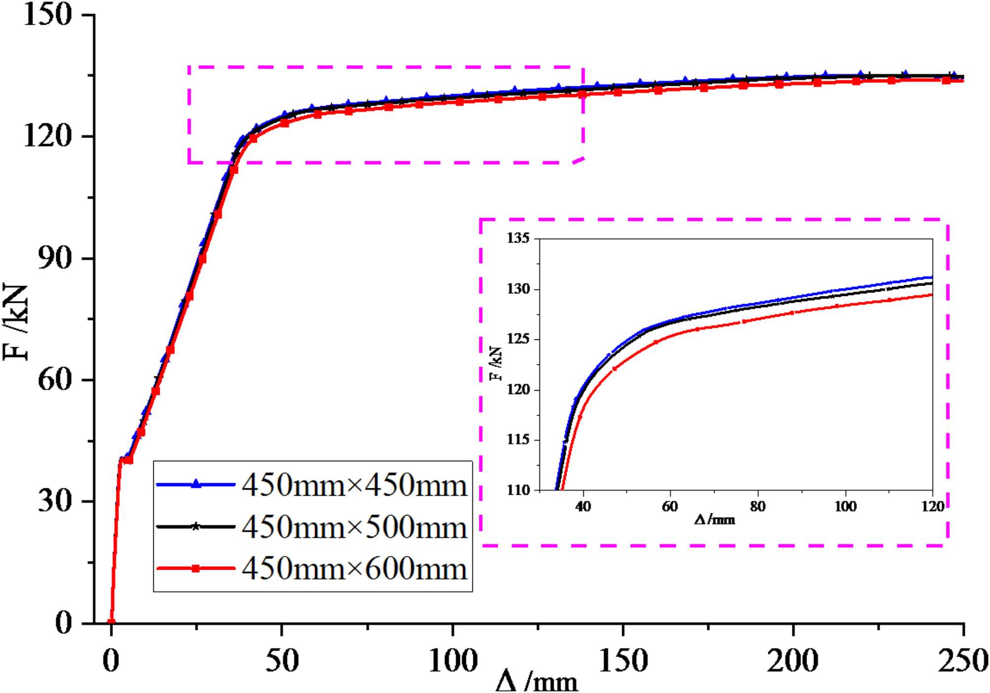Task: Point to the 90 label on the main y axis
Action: pyautogui.click(x=55, y=257)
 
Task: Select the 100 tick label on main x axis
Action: pyautogui.click(x=452, y=661)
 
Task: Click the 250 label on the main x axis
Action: pyautogui.click(x=962, y=661)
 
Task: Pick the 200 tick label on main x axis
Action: pyautogui.click(x=792, y=661)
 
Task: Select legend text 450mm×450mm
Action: pyautogui.click(x=354, y=485)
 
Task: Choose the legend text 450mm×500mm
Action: pyautogui.click(x=354, y=527)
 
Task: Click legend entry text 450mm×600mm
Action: pyautogui.click(x=354, y=569)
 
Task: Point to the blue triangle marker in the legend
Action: pyautogui.click(x=196, y=484)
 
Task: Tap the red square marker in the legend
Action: pyautogui.click(x=196, y=569)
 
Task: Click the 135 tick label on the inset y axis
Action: pyautogui.click(x=518, y=238)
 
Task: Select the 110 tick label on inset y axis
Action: pyautogui.click(x=518, y=490)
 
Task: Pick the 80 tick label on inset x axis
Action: pyautogui.click(x=757, y=507)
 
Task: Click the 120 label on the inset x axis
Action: pyautogui.click(x=932, y=507)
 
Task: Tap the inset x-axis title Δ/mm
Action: pyautogui.click(x=714, y=519)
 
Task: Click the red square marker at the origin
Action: pyautogui.click(x=111, y=622)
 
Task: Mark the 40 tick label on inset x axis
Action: pyautogui.click(x=583, y=507)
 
